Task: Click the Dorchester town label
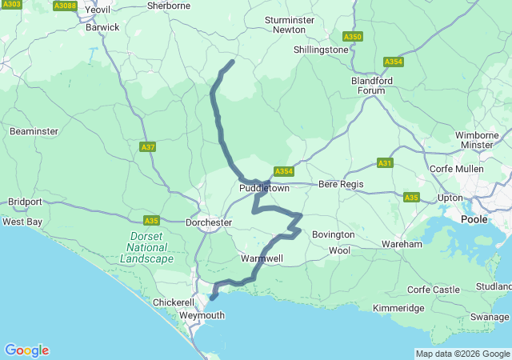(x=208, y=222)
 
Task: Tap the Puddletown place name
(x=264, y=189)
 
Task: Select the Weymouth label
(x=202, y=316)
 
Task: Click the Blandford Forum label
(x=368, y=86)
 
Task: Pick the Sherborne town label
(x=170, y=6)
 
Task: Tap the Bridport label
(x=23, y=202)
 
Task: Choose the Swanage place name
(x=489, y=318)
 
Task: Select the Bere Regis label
(x=341, y=185)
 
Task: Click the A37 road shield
(x=147, y=147)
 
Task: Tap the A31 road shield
(x=386, y=163)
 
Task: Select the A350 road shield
(x=352, y=37)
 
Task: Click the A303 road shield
(x=12, y=5)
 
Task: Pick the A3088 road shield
(x=65, y=6)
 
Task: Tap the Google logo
(x=26, y=350)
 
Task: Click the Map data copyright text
(x=462, y=354)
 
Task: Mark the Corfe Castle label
(x=434, y=290)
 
